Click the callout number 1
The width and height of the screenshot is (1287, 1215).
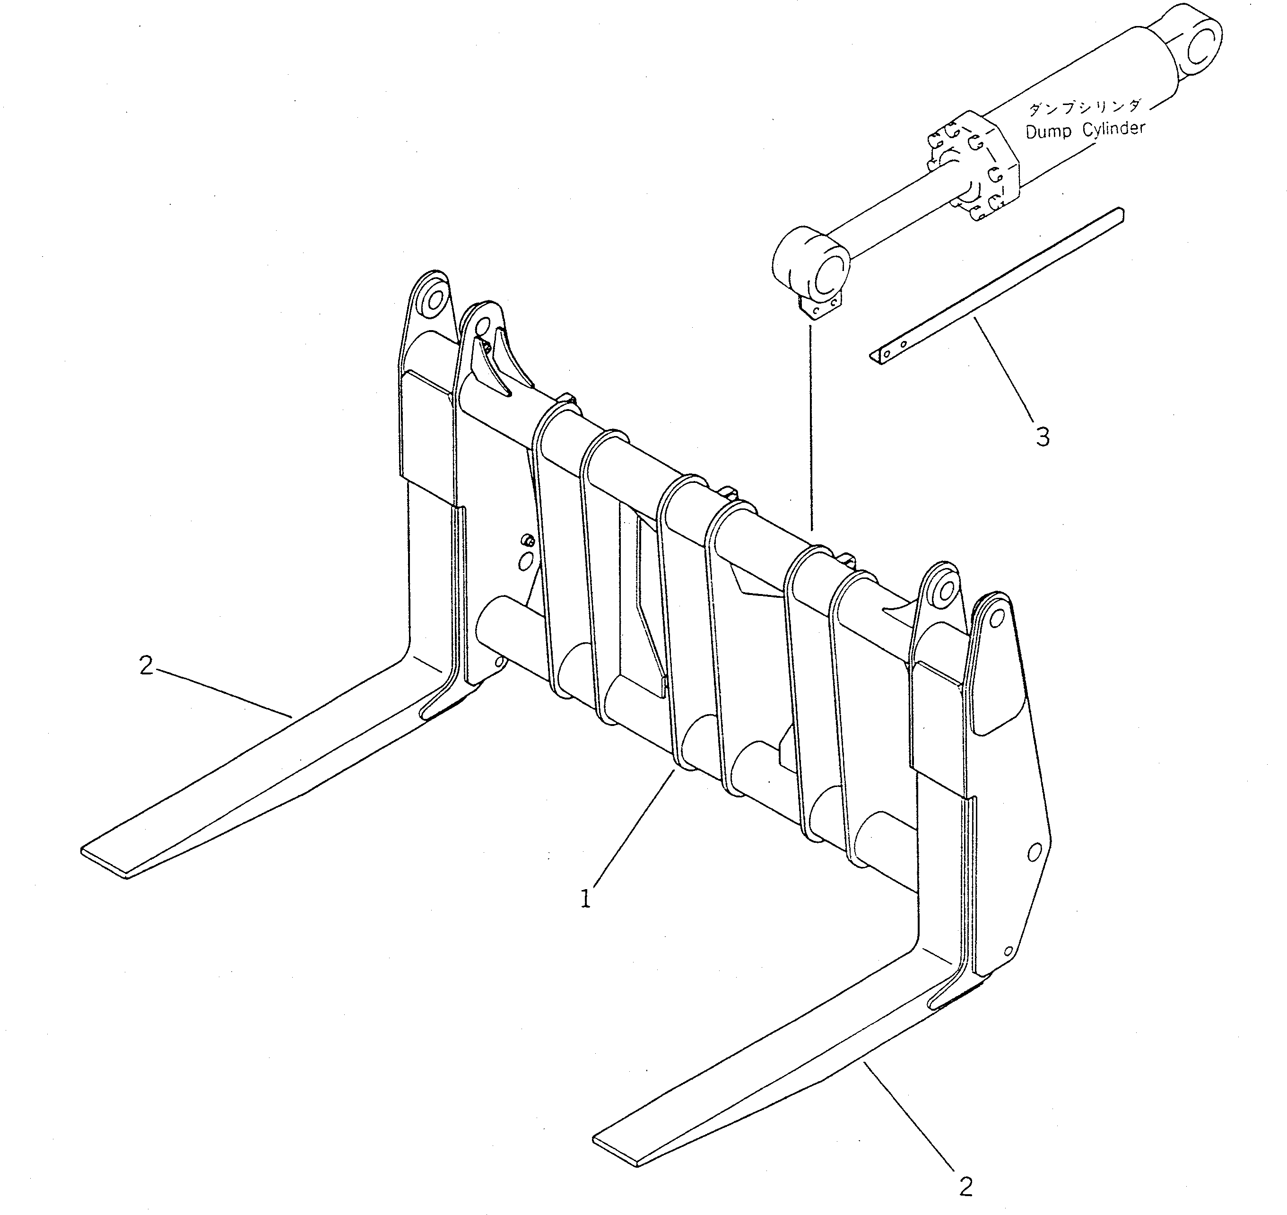pos(585,899)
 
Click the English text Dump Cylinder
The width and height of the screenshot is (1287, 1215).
pos(1085,130)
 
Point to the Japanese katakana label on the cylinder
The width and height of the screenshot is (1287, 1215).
pos(1085,107)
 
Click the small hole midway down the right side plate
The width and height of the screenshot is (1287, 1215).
pos(1034,852)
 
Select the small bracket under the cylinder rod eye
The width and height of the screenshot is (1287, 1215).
pos(821,310)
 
